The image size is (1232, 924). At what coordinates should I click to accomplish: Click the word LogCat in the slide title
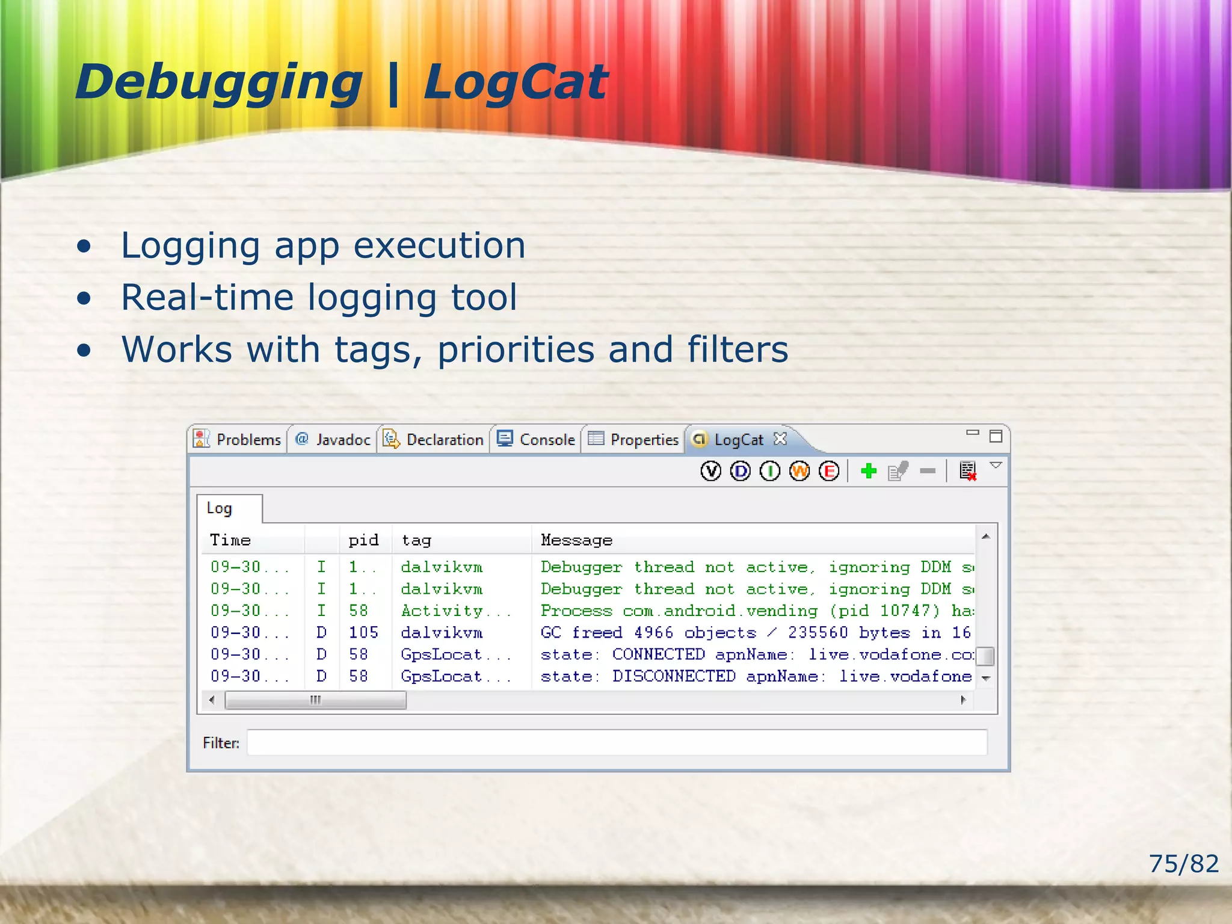click(516, 82)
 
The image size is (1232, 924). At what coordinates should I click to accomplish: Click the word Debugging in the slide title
click(218, 82)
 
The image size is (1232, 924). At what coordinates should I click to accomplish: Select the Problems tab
click(238, 440)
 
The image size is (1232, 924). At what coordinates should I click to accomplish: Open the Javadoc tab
click(333, 440)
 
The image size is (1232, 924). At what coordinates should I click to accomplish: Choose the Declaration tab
click(434, 440)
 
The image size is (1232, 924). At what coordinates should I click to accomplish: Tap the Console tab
click(537, 440)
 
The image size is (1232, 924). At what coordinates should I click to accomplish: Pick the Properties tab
click(634, 440)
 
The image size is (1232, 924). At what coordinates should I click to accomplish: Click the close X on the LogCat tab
click(780, 439)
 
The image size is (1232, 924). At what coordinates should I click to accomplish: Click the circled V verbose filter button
click(710, 471)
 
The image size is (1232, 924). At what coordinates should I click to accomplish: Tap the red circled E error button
click(829, 471)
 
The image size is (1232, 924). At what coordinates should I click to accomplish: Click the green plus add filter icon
click(869, 471)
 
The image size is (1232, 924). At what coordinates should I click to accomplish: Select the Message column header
click(576, 540)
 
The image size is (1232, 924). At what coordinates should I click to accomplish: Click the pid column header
click(363, 540)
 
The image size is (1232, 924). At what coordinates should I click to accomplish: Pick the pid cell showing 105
click(363, 633)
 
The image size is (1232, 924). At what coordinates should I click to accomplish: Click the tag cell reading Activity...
click(442, 611)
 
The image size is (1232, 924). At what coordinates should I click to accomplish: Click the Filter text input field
click(617, 742)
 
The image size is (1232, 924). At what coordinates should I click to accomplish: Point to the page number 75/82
click(1183, 864)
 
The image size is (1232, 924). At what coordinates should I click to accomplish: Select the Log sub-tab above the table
click(220, 508)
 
